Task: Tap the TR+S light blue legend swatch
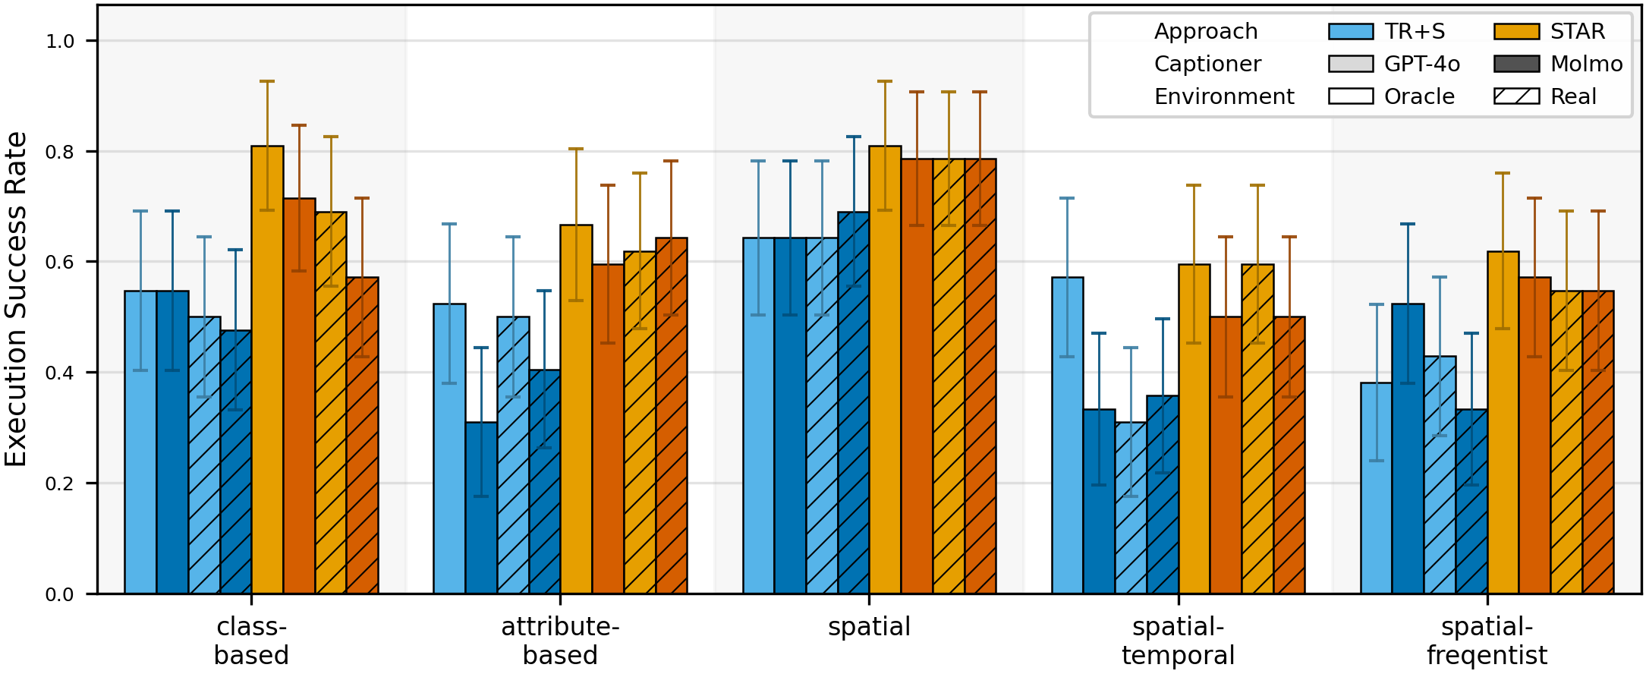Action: coord(1351,31)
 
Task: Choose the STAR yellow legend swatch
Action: coord(1516,31)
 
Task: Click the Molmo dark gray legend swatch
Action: coord(1516,64)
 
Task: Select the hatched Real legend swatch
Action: coord(1516,96)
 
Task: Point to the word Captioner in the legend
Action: coord(1207,64)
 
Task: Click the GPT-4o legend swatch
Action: coord(1351,64)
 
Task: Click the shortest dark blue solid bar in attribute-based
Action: coord(481,508)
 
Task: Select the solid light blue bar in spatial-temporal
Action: coord(1067,436)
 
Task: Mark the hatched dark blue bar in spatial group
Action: coord(854,403)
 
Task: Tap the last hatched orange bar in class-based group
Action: coord(362,436)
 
